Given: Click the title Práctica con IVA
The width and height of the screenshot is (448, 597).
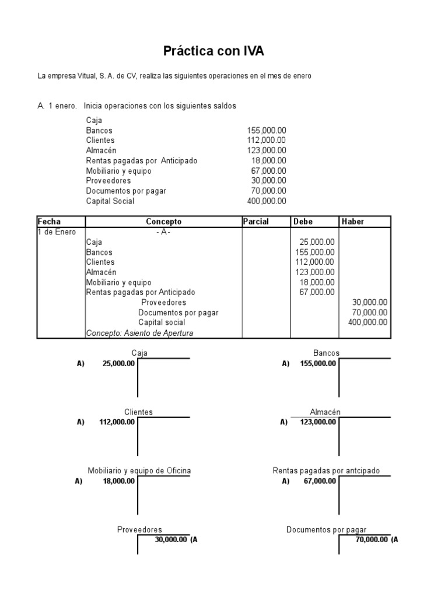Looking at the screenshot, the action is click(x=213, y=52).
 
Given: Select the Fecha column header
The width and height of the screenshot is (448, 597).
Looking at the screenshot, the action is click(x=49, y=222).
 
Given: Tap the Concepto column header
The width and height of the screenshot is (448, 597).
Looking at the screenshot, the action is click(x=163, y=222).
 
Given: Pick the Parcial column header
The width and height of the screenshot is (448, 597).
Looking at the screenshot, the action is click(x=256, y=222).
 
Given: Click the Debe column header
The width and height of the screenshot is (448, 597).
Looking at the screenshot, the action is click(x=303, y=222).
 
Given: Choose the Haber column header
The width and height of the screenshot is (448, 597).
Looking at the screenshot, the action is click(x=352, y=222).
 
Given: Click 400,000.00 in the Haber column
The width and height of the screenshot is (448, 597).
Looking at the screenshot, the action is click(x=367, y=322).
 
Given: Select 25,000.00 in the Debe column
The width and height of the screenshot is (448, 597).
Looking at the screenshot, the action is click(x=315, y=242).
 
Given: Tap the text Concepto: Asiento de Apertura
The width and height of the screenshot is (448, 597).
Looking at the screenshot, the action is click(x=139, y=333).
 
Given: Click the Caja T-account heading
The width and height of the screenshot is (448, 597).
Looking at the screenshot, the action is click(x=139, y=353).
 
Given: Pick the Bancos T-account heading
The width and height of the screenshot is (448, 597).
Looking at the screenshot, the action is click(x=326, y=353).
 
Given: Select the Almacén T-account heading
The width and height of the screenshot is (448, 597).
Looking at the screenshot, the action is click(x=326, y=412).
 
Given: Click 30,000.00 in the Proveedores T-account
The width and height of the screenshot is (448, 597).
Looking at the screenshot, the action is click(x=171, y=540).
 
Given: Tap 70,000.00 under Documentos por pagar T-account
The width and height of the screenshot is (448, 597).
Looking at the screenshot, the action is click(x=372, y=540).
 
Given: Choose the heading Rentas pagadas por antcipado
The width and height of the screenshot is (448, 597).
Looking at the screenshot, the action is click(x=326, y=470).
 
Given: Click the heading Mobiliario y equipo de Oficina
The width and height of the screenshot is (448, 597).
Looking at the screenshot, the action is click(x=139, y=470).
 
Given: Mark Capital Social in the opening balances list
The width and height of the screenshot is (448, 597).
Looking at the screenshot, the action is click(x=110, y=201).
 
